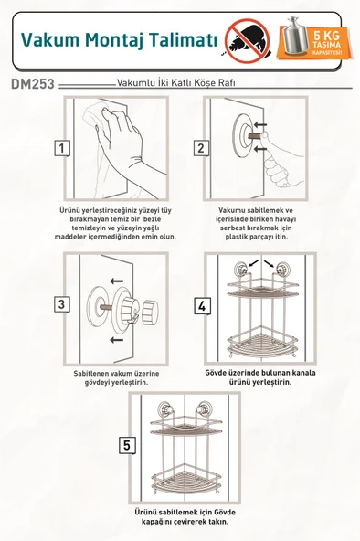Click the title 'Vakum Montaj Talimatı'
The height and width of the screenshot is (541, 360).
(x=119, y=39)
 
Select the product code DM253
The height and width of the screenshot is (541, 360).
(x=33, y=83)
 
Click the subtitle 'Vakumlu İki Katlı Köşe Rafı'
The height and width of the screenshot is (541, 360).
(x=176, y=82)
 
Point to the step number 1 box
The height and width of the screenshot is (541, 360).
(x=61, y=148)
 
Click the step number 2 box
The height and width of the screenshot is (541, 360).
(x=200, y=148)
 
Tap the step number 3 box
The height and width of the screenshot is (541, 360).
(x=61, y=304)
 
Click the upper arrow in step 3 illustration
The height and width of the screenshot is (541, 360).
(x=114, y=281)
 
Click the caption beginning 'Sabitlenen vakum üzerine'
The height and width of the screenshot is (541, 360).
(x=109, y=378)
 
